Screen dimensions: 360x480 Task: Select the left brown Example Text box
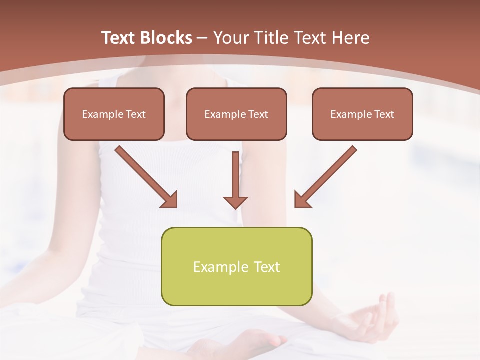(x=114, y=114)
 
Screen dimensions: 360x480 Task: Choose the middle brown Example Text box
(x=236, y=114)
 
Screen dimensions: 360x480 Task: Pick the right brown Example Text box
(x=362, y=114)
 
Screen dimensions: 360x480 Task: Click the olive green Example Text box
(x=236, y=266)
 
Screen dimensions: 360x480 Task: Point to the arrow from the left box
(x=145, y=176)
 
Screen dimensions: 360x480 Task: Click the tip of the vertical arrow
(x=235, y=207)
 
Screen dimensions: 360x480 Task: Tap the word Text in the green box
(x=267, y=267)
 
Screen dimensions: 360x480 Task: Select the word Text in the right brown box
(x=384, y=114)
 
